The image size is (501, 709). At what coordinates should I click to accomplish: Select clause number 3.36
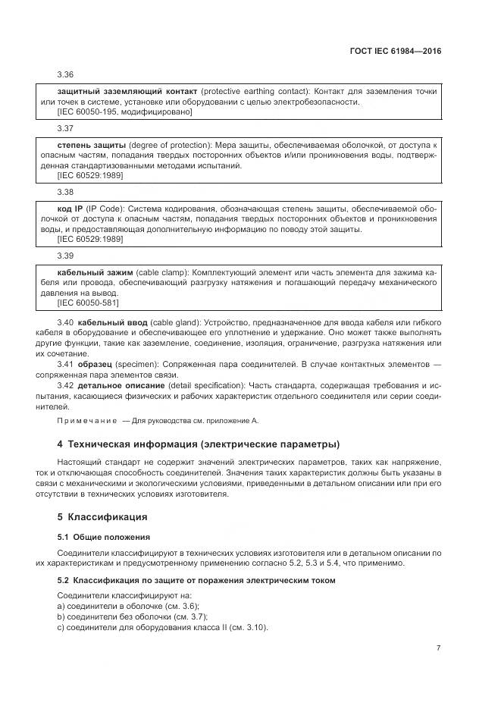tap(65, 74)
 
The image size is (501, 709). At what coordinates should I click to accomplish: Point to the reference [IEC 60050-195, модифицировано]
tap(125, 112)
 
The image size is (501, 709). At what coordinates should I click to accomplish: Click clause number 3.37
tap(65, 129)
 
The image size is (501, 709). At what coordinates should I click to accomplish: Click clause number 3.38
tap(65, 193)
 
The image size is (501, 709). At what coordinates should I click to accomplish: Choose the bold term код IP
tap(71, 209)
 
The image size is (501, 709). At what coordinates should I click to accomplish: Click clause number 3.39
tap(65, 256)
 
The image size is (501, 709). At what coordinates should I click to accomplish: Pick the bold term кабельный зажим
tap(95, 271)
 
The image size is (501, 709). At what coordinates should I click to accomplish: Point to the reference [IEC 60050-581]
tap(88, 303)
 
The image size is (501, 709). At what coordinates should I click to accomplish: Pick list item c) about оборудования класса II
tap(162, 628)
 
